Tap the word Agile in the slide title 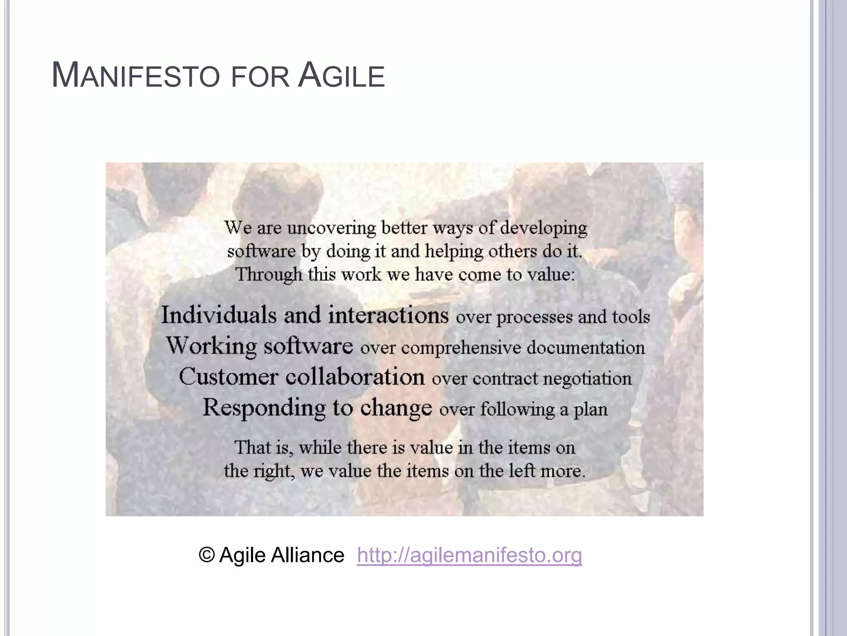point(341,76)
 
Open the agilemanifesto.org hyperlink point(469,555)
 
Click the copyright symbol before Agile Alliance point(206,555)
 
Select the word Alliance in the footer point(307,555)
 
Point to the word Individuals point(218,315)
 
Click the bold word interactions point(388,315)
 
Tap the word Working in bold point(211,346)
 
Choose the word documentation point(586,347)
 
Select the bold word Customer point(228,377)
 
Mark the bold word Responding point(264,408)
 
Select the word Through point(269,275)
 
